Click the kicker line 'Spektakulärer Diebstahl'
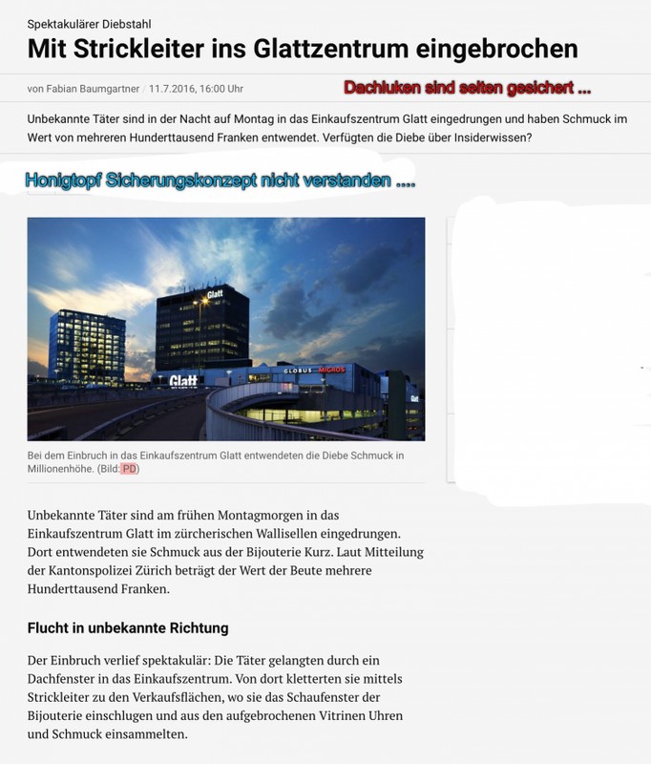pos(89,23)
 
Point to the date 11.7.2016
pos(172,89)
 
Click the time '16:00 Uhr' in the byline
pos(221,89)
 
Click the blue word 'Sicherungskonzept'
pos(187,180)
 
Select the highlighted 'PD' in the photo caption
pos(129,469)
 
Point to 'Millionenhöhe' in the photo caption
pos(66,469)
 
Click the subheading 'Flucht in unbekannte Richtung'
pos(128,629)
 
